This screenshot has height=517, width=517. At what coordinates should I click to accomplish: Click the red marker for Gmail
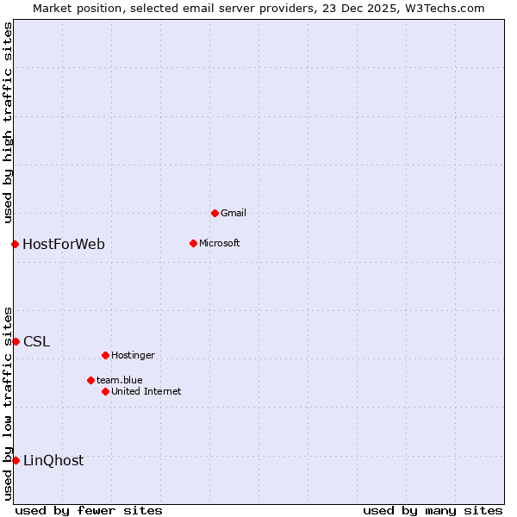[215, 213]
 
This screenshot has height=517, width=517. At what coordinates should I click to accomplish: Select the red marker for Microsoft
[193, 243]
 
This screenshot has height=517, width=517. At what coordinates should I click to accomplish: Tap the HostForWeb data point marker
[15, 244]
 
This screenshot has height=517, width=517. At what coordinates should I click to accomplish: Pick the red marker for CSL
[16, 341]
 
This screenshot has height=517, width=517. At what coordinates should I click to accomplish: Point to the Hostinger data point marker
[105, 355]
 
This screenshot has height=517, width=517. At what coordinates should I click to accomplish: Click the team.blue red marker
[90, 380]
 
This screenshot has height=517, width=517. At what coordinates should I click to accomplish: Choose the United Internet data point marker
[105, 391]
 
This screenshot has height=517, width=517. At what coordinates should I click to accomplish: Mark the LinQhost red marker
[16, 460]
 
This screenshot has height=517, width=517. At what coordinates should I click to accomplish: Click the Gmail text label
[234, 213]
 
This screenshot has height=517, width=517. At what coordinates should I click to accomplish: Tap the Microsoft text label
[220, 243]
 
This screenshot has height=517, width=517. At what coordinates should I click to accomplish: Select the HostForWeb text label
[64, 244]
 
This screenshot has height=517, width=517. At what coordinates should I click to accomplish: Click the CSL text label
[37, 341]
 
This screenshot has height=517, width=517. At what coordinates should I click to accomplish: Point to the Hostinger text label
[134, 355]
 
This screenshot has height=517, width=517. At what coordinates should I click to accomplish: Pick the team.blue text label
[120, 380]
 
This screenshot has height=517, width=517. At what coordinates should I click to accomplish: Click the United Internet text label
[146, 391]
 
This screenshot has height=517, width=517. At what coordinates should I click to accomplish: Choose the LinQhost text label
[53, 460]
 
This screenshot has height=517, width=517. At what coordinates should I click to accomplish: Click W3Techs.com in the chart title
[445, 9]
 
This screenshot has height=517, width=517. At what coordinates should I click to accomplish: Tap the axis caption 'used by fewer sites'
[89, 510]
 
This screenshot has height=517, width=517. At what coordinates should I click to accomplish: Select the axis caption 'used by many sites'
[433, 510]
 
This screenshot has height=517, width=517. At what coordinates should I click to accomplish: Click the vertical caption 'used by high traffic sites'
[9, 122]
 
